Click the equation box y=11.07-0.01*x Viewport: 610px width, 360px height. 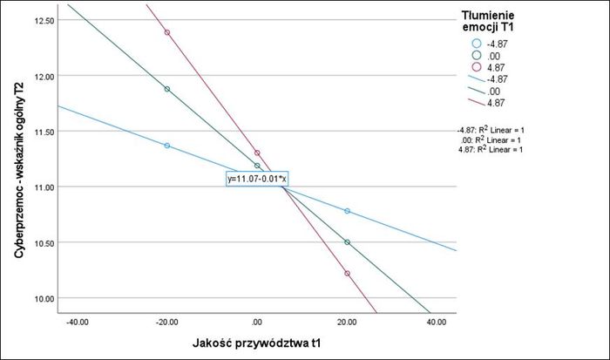click(x=257, y=178)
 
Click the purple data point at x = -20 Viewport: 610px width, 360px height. click(x=167, y=32)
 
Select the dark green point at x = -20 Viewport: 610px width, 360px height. click(x=167, y=89)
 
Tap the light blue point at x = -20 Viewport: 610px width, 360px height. click(x=167, y=146)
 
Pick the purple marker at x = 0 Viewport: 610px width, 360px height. click(x=257, y=153)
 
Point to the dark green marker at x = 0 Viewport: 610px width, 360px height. click(x=257, y=166)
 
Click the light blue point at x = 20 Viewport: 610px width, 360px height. click(x=348, y=211)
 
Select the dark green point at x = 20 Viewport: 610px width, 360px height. click(x=348, y=242)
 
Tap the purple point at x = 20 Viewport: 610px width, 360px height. click(x=348, y=274)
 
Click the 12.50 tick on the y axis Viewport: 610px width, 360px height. click(x=42, y=20)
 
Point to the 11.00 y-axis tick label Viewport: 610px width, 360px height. click(x=42, y=187)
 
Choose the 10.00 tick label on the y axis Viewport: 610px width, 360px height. click(x=42, y=299)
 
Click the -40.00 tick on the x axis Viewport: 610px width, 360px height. click(x=77, y=323)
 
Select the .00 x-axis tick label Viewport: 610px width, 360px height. click(x=257, y=323)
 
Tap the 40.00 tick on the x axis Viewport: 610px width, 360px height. click(x=437, y=323)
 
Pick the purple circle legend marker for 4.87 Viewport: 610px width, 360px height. click(x=476, y=66)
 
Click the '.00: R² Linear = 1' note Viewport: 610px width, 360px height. click(x=493, y=139)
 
